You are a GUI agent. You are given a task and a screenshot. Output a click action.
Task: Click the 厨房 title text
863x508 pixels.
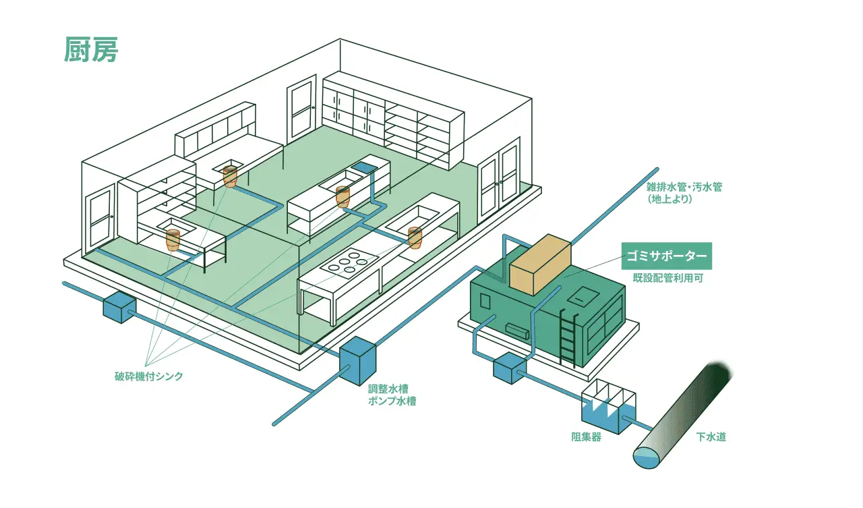tap(91, 49)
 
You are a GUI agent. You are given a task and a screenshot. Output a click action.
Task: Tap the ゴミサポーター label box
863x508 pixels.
tap(666, 256)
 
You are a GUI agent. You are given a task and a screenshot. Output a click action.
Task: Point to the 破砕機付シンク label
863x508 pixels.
tap(148, 376)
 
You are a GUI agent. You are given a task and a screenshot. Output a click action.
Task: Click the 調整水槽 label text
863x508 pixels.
tap(388, 389)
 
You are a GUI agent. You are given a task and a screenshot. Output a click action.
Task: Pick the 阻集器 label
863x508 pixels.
tap(585, 437)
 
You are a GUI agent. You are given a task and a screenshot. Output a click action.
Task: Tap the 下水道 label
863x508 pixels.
tap(711, 437)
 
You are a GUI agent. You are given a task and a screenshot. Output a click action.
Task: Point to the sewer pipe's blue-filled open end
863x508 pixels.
tap(647, 458)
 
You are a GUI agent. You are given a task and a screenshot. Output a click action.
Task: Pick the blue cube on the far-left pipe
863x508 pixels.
tap(119, 307)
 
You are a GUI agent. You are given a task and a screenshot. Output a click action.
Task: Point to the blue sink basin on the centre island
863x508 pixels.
tap(365, 166)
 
